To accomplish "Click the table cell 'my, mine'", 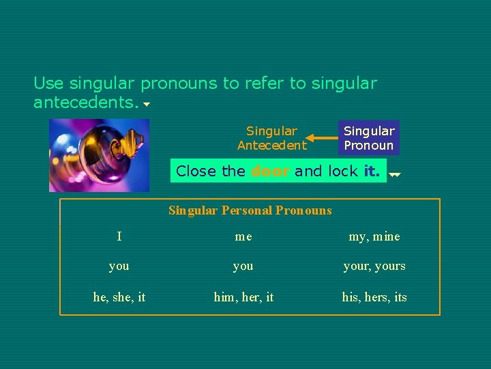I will pyautogui.click(x=374, y=236).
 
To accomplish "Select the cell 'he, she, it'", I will pyautogui.click(x=119, y=297).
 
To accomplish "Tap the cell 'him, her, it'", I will pyautogui.click(x=243, y=297).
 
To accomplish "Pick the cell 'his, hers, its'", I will pyautogui.click(x=374, y=297).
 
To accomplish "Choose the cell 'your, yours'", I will pyautogui.click(x=374, y=266).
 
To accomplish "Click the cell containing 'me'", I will pyautogui.click(x=243, y=236).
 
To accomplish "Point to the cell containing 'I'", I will pyautogui.click(x=119, y=236).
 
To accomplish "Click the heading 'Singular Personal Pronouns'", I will pyautogui.click(x=250, y=210).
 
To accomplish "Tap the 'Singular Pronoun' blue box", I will pyautogui.click(x=369, y=138).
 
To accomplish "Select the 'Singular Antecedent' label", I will pyautogui.click(x=271, y=138).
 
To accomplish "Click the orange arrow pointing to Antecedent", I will pyautogui.click(x=321, y=138).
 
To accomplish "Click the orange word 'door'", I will pyautogui.click(x=271, y=171).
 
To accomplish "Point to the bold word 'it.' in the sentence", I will pyautogui.click(x=372, y=171).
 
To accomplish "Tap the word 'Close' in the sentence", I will pyautogui.click(x=196, y=171).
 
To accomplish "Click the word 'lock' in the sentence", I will pyautogui.click(x=343, y=171).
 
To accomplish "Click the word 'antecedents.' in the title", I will pyautogui.click(x=86, y=103).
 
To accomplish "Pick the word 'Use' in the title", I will pyautogui.click(x=48, y=84).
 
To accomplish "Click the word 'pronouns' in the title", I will pyautogui.click(x=179, y=84).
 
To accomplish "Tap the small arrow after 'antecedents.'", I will pyautogui.click(x=147, y=106).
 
